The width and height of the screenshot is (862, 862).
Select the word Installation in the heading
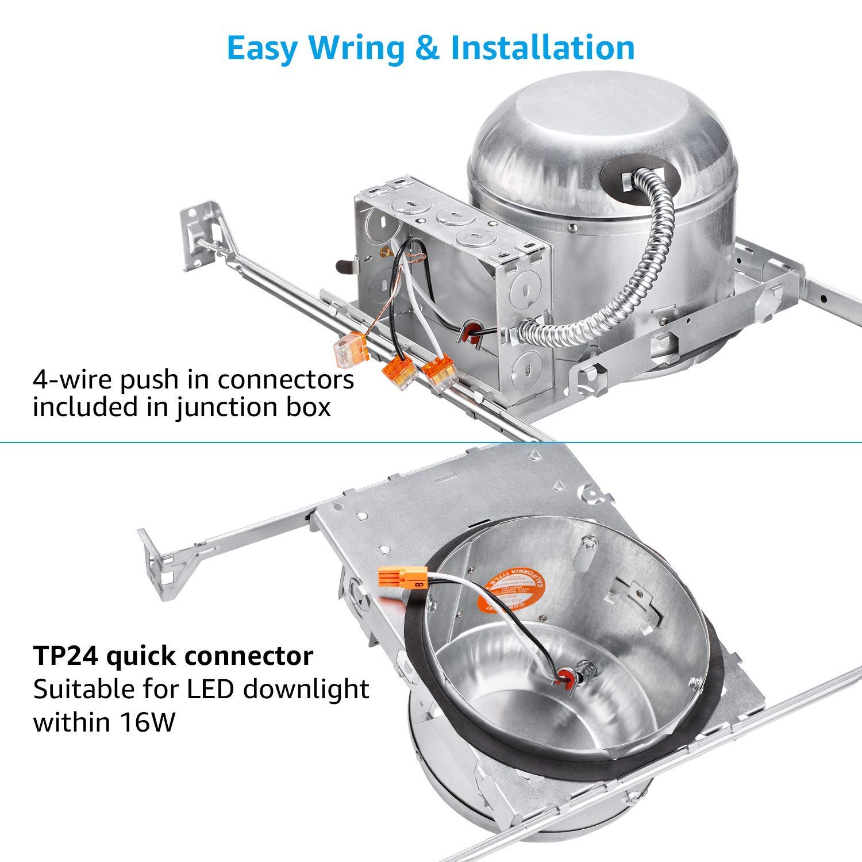(542, 48)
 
